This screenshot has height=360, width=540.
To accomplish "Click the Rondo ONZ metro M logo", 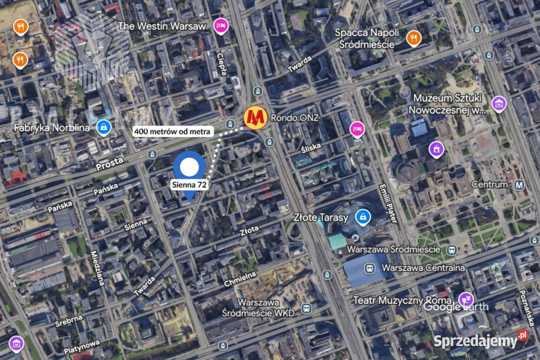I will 255,117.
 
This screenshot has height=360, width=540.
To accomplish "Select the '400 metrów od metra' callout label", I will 173,132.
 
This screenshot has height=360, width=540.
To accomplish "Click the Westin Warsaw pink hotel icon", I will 220,26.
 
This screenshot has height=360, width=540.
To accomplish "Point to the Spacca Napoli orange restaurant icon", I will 413,37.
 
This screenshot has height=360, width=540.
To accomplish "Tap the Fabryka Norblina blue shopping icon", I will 103,128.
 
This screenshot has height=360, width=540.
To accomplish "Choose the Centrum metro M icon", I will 519,184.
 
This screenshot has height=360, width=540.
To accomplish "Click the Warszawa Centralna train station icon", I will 369,268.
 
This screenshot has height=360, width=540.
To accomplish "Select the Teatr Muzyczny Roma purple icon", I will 465,299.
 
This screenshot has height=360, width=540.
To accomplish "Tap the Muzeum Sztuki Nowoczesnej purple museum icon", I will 498,103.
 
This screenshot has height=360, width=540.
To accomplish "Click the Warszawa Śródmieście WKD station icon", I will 306,308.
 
